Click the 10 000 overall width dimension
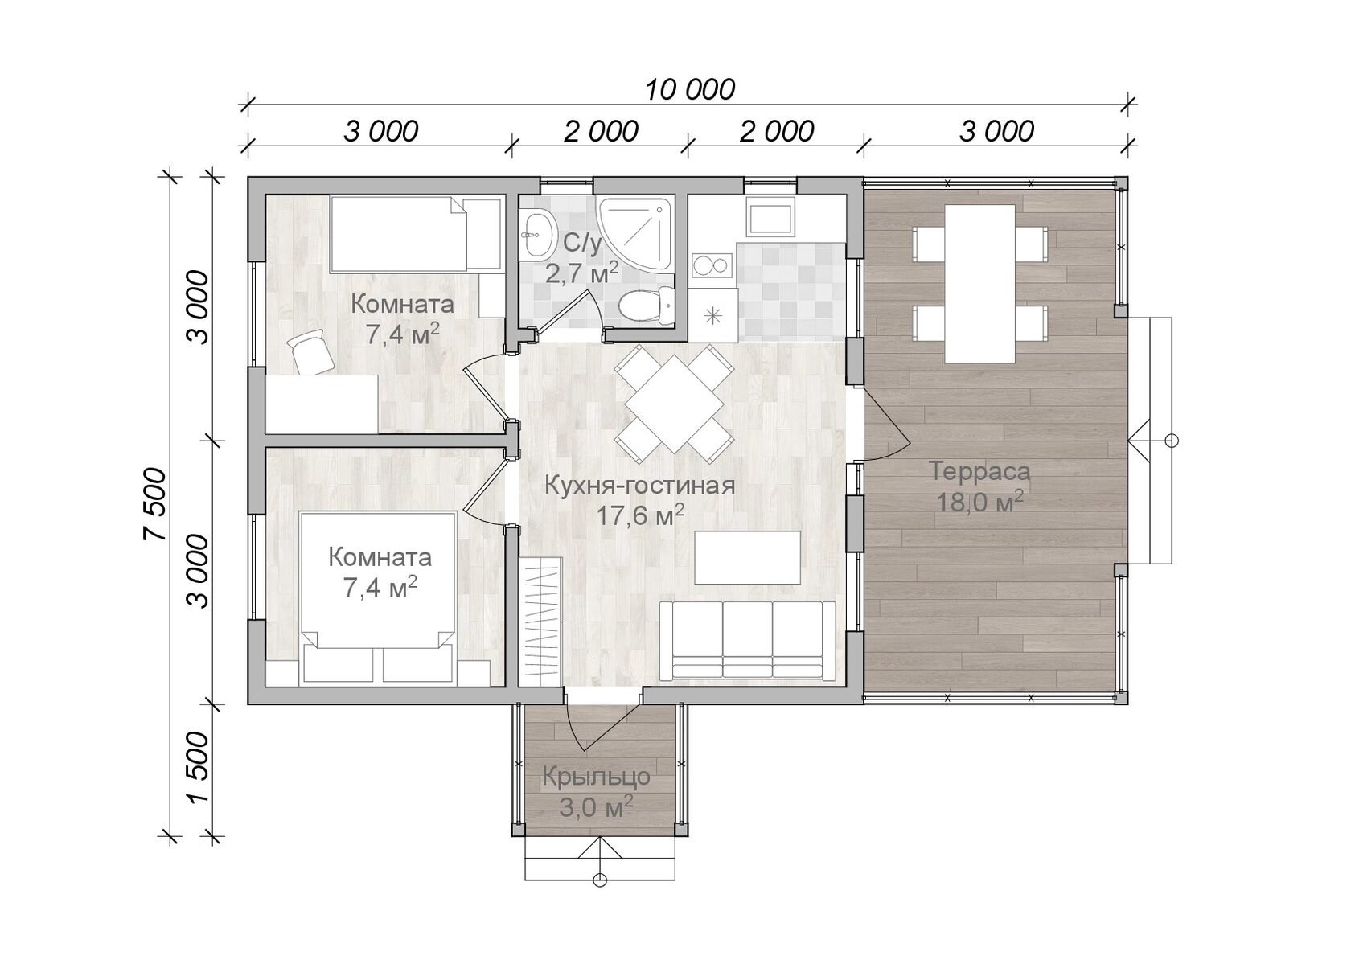click(x=690, y=90)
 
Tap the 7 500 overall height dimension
click(x=154, y=504)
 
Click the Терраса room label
click(x=979, y=471)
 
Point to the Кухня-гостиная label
click(x=640, y=486)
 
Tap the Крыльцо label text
click(x=596, y=777)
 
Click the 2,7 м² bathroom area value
click(x=582, y=273)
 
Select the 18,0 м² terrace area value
click(x=979, y=502)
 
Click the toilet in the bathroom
click(x=647, y=306)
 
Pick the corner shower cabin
click(x=634, y=233)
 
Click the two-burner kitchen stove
click(x=712, y=265)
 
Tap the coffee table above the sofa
click(x=747, y=557)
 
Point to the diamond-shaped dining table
click(x=674, y=404)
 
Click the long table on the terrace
click(x=979, y=283)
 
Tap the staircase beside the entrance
click(x=540, y=621)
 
